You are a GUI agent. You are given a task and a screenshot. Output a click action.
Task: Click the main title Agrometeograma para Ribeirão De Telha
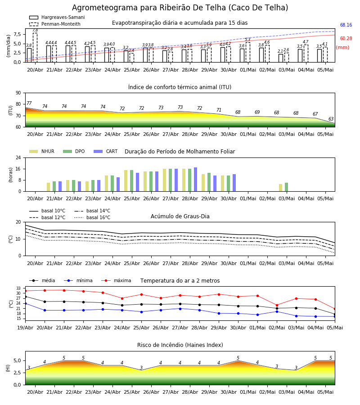(180, 8)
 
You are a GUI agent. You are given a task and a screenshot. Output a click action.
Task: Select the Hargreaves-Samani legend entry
(57, 17)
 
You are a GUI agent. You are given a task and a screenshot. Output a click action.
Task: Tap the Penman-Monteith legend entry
(55, 24)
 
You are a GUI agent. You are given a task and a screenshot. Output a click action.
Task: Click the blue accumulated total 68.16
(346, 25)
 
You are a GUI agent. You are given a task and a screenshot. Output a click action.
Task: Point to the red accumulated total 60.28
(346, 39)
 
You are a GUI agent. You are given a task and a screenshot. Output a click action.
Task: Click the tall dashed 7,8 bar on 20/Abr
(35, 48)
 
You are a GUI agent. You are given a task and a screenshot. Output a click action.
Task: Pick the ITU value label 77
(29, 103)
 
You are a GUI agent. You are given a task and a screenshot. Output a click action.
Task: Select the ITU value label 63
(331, 119)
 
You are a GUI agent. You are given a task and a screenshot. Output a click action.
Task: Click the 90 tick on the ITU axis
(18, 93)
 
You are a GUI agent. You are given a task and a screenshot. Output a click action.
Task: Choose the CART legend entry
(106, 151)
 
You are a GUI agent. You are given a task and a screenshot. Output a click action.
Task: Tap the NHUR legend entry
(42, 151)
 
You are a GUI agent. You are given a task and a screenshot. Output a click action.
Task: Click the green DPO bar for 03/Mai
(286, 187)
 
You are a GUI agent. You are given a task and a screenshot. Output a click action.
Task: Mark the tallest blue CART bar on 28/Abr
(195, 180)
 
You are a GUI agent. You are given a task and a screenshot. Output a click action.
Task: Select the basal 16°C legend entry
(92, 217)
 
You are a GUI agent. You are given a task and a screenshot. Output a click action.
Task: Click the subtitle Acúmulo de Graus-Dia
(180, 216)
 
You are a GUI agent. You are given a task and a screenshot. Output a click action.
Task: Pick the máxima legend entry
(116, 280)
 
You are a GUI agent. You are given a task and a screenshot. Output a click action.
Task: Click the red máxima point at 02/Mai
(277, 305)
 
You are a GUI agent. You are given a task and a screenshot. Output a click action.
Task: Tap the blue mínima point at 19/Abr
(25, 303)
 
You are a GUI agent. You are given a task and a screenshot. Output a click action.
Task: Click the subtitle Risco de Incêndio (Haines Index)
(180, 345)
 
